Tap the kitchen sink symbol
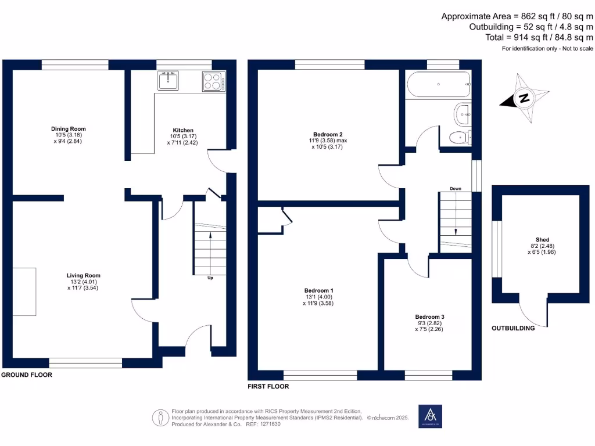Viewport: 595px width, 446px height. click(x=168, y=80)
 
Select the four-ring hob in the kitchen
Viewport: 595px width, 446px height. click(x=214, y=81)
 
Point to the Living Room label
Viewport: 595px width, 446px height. click(x=84, y=276)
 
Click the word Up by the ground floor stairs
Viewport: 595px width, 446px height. click(x=210, y=278)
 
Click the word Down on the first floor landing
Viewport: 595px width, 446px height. click(x=456, y=189)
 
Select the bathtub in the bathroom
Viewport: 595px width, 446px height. click(x=439, y=85)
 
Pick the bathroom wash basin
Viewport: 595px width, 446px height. click(x=463, y=115)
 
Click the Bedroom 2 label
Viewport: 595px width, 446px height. click(x=329, y=133)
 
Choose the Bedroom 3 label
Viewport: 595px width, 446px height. click(x=430, y=317)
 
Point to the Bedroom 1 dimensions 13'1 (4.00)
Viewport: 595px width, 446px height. click(x=318, y=297)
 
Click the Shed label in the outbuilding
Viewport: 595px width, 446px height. click(x=542, y=239)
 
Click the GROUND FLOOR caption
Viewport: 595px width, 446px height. click(x=27, y=375)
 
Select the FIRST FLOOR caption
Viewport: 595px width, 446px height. click(x=268, y=386)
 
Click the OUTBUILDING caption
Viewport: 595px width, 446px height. click(x=513, y=328)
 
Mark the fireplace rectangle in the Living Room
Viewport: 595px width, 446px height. click(x=24, y=292)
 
